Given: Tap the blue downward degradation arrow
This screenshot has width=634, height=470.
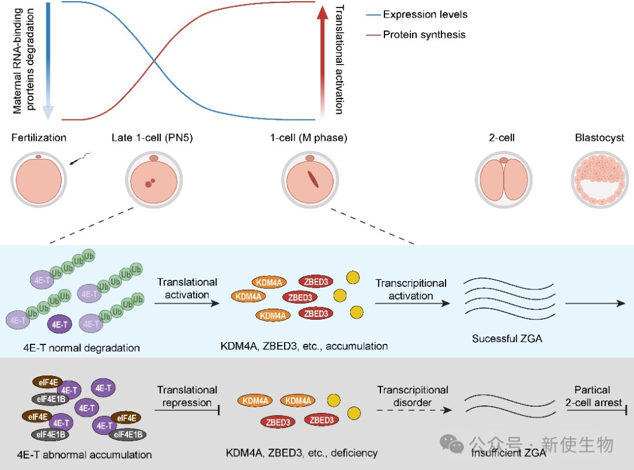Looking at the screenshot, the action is click(x=48, y=60).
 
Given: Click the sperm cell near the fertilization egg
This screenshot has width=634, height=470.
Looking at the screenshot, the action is click(x=80, y=158).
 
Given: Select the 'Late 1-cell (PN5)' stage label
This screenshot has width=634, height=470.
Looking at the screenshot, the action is click(x=152, y=138).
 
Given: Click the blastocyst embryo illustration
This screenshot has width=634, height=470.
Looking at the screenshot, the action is click(x=599, y=180).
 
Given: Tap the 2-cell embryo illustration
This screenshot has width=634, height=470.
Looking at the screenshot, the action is click(x=504, y=180).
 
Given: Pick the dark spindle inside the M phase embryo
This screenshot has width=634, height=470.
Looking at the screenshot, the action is click(x=313, y=180).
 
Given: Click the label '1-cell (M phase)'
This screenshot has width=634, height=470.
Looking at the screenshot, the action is click(x=309, y=138).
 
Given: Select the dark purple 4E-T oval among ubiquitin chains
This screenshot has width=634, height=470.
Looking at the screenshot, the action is click(x=59, y=324).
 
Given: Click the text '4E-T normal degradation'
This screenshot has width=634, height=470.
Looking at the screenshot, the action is click(x=82, y=348).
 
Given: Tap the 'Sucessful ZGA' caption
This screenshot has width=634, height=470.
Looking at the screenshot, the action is click(x=507, y=339).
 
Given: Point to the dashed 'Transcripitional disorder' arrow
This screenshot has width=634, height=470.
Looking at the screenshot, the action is click(x=414, y=410).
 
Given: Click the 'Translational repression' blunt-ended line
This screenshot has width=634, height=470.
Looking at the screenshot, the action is click(x=187, y=411).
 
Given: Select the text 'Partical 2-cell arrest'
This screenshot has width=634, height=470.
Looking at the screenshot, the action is click(x=593, y=396).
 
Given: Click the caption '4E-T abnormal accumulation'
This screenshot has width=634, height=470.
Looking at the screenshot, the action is click(x=85, y=455).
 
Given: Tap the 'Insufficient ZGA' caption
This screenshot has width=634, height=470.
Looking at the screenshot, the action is click(x=508, y=453).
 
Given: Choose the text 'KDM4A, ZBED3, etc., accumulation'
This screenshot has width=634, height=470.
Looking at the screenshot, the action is click(x=304, y=346).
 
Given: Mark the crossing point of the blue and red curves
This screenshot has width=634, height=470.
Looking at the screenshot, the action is click(x=154, y=61).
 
